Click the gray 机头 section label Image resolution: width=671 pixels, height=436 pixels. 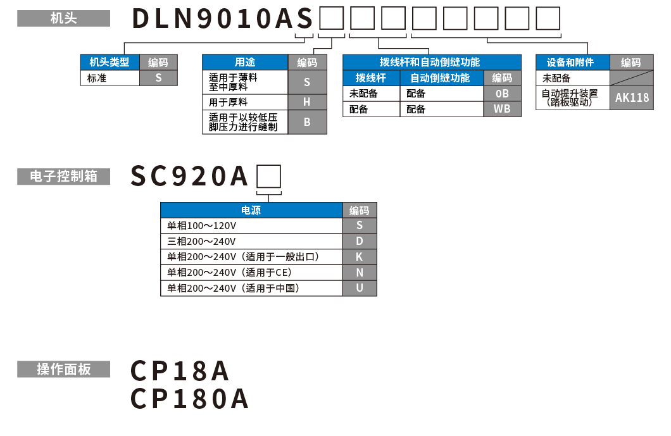63,19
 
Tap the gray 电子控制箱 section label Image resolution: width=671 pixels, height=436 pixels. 63,177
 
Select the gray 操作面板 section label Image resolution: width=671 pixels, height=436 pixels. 63,369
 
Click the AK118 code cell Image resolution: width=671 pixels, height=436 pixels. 632,97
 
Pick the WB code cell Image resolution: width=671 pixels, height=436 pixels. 502,109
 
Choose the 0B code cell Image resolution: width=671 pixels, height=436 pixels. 502,94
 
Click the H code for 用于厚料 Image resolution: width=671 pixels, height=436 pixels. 307,102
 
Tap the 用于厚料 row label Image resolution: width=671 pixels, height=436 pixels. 245,102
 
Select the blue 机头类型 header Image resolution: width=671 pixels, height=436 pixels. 110,62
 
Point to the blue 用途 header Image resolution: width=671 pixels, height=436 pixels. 245,62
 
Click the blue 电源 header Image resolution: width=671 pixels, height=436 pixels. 251,211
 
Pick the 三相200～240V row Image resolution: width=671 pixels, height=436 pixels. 251,241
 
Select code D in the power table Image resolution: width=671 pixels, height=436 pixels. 360,241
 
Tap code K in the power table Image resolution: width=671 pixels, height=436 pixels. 360,257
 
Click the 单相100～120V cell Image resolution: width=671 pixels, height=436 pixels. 251,226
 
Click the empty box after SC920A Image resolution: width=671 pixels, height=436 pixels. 268,176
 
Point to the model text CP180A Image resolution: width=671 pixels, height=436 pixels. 189,399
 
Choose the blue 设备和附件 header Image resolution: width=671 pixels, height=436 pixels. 572,62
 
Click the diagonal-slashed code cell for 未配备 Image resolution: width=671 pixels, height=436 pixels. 632,78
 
